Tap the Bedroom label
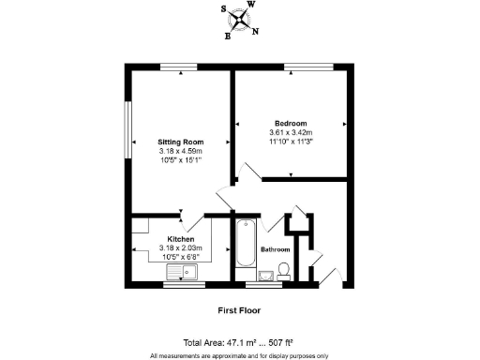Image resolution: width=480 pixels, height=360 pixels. point(291,123)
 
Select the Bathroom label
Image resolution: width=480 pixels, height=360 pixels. point(275,250)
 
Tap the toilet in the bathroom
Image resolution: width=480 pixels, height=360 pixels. point(284,271)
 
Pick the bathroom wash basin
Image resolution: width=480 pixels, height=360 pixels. point(266,274)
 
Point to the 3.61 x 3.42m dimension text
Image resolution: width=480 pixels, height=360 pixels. point(291,133)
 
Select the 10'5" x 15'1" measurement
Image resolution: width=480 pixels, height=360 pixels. point(179,160)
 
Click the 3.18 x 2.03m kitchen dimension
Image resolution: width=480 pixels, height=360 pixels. point(180,247)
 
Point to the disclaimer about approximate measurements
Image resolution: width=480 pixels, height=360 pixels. point(239,355)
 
